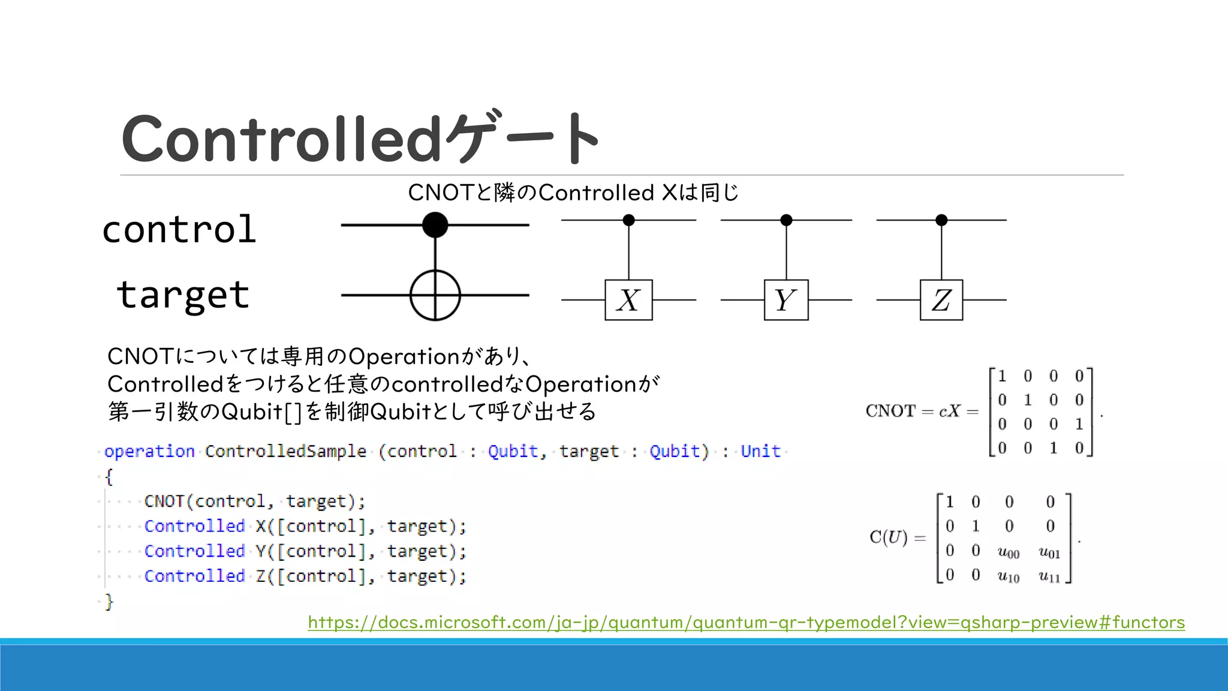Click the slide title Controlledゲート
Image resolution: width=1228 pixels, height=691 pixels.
[360, 139]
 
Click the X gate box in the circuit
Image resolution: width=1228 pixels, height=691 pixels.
[628, 300]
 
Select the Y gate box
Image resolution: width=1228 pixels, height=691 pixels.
[785, 300]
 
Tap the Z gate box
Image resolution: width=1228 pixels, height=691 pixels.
[941, 300]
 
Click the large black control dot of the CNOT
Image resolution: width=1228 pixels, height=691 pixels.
[435, 225]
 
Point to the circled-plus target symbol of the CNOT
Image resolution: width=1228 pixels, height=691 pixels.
[435, 295]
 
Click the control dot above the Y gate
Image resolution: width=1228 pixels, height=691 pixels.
[786, 220]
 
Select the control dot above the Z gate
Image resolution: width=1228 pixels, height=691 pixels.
[941, 220]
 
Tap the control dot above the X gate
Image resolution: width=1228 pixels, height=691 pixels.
[628, 220]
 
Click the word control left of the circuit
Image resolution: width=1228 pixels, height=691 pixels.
[179, 230]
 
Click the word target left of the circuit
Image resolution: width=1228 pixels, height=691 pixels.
[183, 295]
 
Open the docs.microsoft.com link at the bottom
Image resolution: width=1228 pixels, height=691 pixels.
[746, 622]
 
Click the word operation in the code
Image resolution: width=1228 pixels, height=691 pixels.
[149, 451]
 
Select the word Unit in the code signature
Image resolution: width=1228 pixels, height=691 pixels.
[760, 451]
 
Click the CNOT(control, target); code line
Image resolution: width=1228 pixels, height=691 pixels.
[254, 501]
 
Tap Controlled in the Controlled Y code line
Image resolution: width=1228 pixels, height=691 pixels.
[194, 551]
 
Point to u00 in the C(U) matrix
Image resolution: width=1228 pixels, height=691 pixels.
[1009, 552]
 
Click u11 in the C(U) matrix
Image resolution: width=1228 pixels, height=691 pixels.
[1049, 576]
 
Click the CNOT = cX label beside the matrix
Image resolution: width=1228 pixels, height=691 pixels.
[921, 411]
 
